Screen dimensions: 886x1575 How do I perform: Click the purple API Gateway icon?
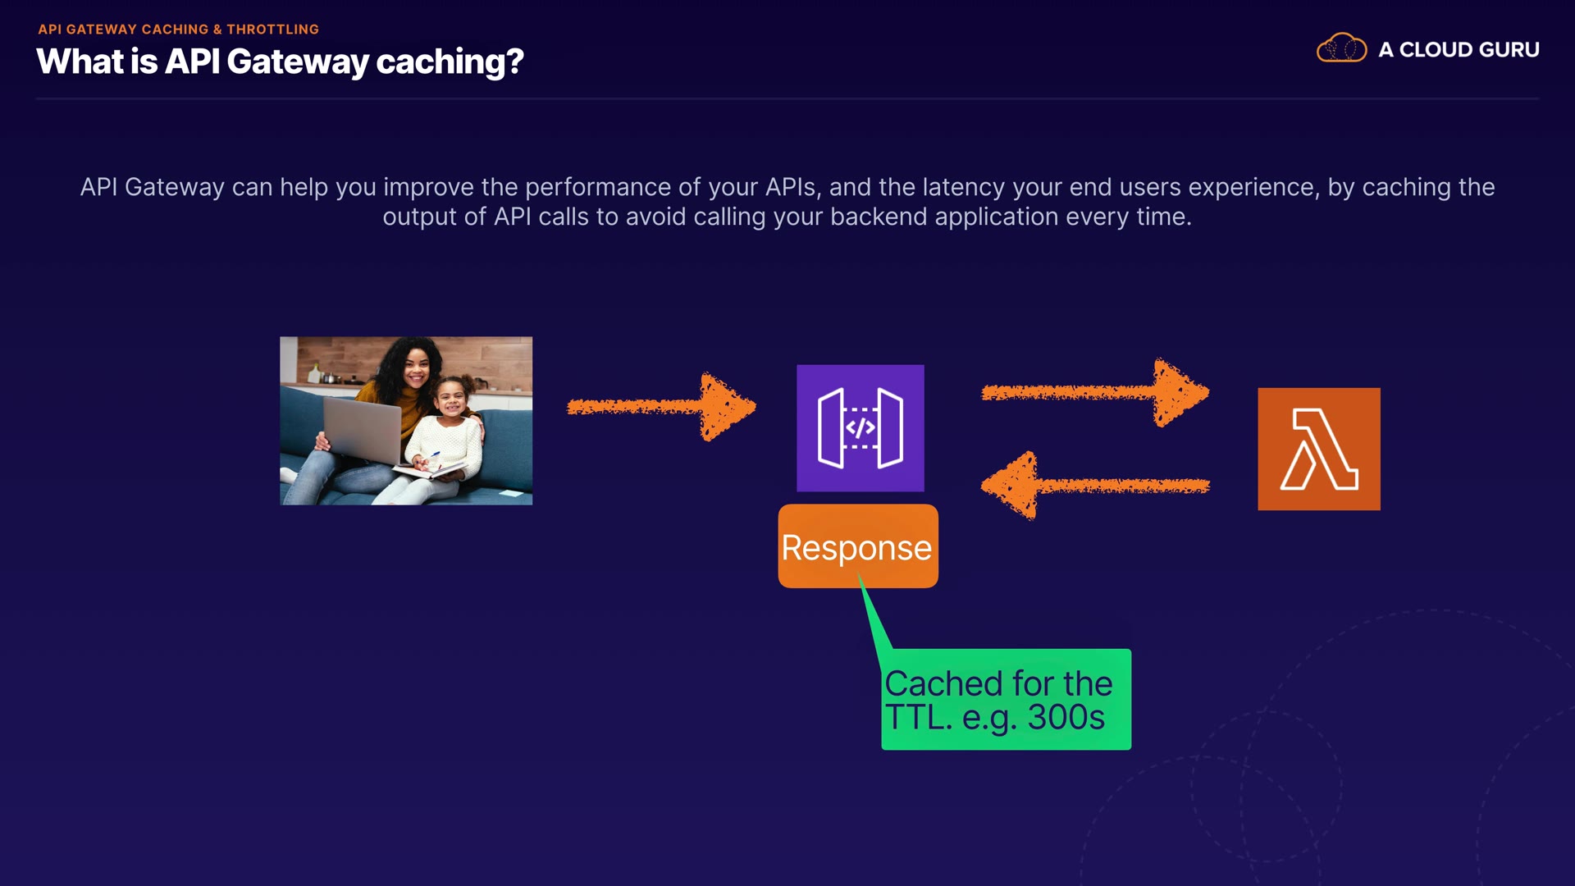coord(860,427)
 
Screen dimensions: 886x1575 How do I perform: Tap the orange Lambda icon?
coord(1318,449)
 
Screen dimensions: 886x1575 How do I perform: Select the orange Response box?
coord(857,546)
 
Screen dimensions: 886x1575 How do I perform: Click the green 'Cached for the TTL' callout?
coord(1006,699)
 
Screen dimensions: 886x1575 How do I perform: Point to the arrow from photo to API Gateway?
coord(660,406)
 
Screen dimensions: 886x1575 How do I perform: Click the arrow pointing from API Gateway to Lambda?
coord(1095,392)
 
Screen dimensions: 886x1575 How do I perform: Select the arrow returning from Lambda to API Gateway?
coord(1095,486)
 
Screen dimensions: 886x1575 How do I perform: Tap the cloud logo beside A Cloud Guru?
coord(1341,48)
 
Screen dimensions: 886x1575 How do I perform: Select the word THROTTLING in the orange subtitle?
coord(272,30)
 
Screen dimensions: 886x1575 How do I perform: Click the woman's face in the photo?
coord(416,368)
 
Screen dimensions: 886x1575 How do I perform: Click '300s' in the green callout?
coord(1066,718)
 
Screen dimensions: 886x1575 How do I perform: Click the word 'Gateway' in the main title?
coord(297,62)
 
